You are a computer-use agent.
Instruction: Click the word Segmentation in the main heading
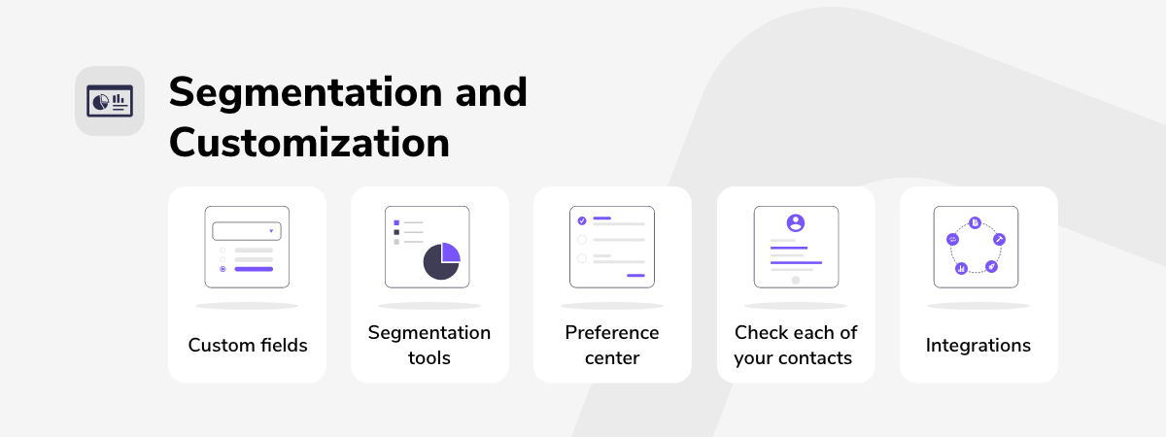(305, 93)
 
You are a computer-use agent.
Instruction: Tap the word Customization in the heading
(309, 143)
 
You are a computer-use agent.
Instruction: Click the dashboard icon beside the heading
(109, 101)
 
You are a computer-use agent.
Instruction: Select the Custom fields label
(248, 345)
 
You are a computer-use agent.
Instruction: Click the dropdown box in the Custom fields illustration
(247, 231)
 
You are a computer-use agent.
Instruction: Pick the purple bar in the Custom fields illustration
(254, 269)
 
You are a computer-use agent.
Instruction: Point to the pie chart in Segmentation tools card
(442, 260)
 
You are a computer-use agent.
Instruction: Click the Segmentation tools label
(429, 345)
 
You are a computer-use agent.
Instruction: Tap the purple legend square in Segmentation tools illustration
(396, 222)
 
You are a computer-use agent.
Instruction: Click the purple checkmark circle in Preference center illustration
(582, 220)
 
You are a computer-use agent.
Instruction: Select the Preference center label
(612, 345)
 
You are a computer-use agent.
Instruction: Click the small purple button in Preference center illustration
(635, 275)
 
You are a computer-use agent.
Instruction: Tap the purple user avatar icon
(796, 222)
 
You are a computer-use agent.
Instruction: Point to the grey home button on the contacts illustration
(796, 280)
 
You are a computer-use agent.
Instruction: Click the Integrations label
(978, 345)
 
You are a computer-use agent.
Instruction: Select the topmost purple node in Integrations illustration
(975, 222)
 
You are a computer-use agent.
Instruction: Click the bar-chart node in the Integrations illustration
(961, 268)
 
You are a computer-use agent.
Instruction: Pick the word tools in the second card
(429, 358)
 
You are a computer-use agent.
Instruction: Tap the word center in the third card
(612, 358)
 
